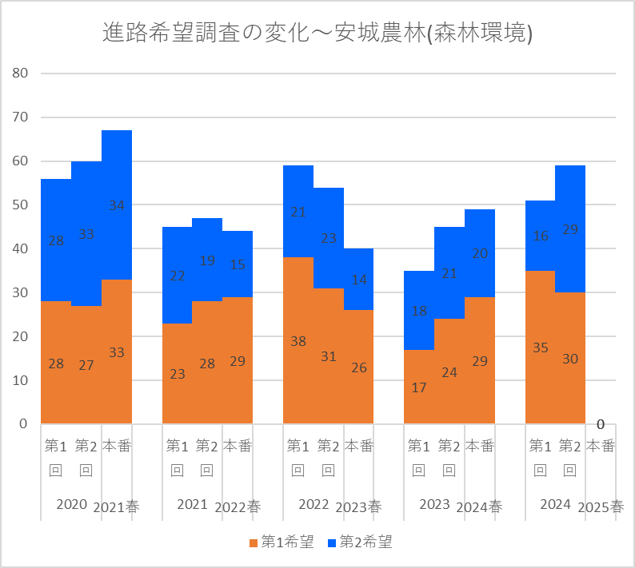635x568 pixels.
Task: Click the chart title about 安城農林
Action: coord(317,33)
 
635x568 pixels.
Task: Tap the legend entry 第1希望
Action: coord(281,542)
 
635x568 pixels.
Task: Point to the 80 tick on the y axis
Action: coord(20,73)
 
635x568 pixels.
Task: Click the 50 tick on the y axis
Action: coord(20,205)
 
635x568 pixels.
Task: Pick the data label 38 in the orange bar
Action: coord(298,341)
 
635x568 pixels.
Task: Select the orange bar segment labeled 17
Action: coord(419,387)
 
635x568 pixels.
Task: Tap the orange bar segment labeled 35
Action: coord(540,348)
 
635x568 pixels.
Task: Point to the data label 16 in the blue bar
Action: coord(540,236)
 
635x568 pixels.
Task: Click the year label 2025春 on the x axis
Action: coord(600,506)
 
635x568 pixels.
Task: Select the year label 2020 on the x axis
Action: coord(71,505)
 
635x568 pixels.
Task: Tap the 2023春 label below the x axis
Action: coord(358,506)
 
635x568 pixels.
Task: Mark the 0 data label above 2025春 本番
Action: coord(600,424)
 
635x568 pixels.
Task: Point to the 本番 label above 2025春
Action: coord(600,446)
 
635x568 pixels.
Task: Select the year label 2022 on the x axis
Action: coord(314,505)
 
